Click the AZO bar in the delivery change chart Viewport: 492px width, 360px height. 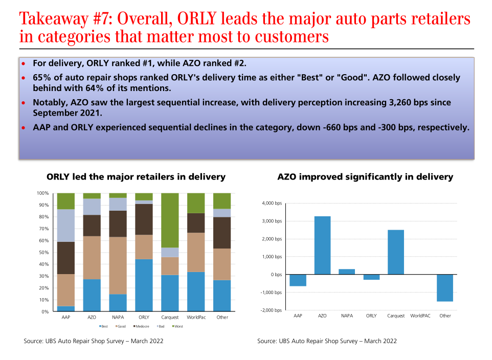point(322,245)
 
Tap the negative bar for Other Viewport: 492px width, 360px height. point(445,288)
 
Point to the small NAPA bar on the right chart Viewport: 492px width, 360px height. point(347,272)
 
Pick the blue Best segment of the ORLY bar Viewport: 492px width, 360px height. point(144,285)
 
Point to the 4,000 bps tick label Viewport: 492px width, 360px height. point(272,204)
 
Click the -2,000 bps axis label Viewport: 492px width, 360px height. point(271,310)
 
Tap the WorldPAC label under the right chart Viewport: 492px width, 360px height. point(420,316)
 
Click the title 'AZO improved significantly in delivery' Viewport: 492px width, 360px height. point(365,177)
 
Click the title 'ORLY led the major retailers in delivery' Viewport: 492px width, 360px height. point(136,177)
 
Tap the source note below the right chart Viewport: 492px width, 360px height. point(327,341)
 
